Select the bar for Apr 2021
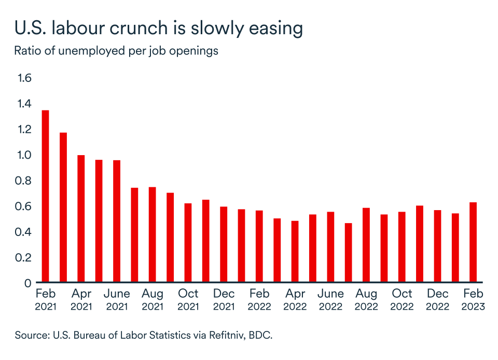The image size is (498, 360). point(81,218)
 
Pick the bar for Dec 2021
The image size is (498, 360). point(224,244)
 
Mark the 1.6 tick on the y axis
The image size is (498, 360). point(25,78)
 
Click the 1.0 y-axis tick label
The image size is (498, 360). point(25,155)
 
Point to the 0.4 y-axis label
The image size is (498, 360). point(25,232)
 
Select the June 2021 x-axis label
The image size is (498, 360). point(117,300)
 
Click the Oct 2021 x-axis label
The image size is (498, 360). point(188,300)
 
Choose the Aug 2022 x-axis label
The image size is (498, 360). point(366,300)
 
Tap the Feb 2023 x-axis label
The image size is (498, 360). point(473,300)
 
